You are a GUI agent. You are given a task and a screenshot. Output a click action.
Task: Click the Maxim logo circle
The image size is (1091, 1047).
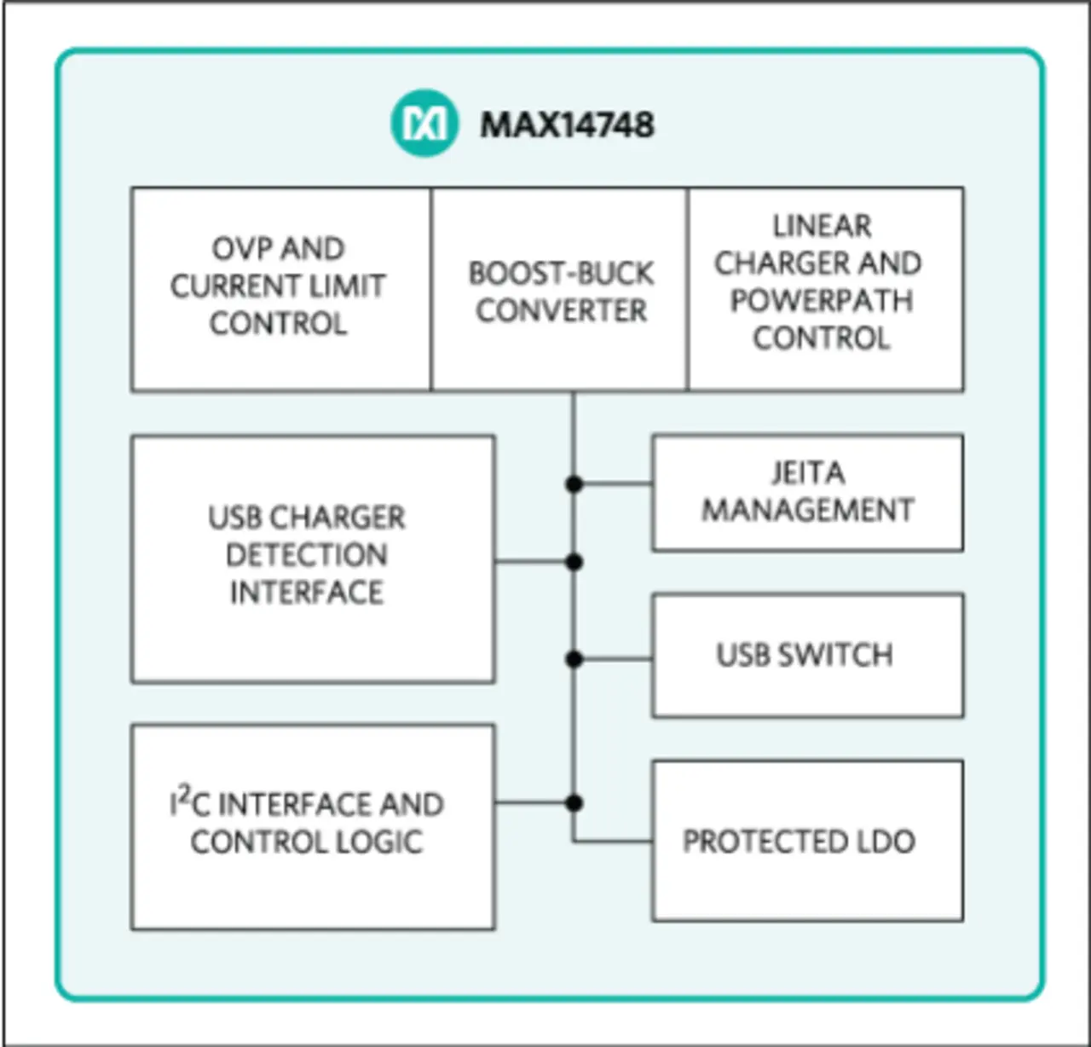424,123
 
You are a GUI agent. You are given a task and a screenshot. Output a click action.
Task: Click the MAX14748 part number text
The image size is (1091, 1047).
568,124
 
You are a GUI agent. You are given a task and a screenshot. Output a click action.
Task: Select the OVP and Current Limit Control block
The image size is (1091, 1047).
281,289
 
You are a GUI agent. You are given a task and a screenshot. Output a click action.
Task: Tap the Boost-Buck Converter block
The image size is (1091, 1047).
560,289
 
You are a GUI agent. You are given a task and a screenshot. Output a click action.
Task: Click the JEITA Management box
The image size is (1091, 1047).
808,493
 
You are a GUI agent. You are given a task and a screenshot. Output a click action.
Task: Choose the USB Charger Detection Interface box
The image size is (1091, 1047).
313,558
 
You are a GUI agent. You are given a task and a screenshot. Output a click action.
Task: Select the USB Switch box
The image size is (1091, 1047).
808,655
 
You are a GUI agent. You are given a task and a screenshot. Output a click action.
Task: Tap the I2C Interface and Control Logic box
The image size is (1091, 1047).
313,827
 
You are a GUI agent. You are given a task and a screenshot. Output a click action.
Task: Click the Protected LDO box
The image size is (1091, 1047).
808,842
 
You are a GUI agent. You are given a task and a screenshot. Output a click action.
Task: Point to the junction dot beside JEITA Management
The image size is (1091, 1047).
574,484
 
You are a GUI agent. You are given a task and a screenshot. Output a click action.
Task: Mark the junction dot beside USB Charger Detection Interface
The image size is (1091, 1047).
574,561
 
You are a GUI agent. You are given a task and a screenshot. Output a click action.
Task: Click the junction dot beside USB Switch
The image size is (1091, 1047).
574,659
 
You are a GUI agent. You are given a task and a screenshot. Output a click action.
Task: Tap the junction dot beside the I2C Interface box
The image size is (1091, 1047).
574,803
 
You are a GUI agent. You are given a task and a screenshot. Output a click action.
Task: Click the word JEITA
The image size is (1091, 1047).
808,472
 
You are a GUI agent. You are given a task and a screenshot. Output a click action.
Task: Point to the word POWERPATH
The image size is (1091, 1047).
822,301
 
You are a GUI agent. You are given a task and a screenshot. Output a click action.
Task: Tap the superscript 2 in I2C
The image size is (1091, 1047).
184,794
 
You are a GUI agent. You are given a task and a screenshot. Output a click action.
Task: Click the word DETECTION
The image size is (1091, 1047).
307,555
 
